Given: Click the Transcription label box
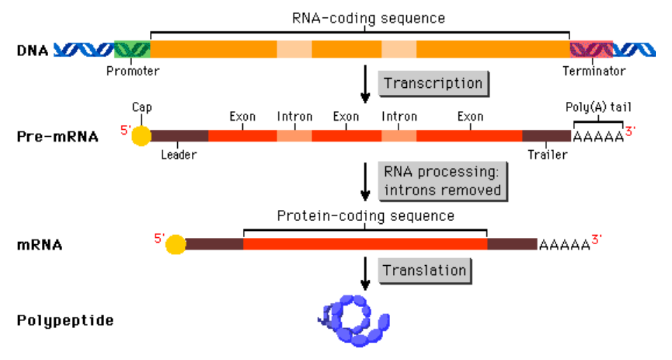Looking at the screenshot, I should (x=433, y=83).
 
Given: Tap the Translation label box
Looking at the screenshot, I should (x=424, y=270).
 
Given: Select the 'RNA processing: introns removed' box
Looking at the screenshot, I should (x=442, y=180).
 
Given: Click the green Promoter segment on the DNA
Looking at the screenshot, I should (x=131, y=50).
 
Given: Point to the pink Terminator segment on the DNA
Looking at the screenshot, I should (x=591, y=50).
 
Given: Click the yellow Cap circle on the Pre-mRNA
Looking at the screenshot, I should (x=141, y=135).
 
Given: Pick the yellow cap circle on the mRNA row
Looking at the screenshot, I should (x=175, y=244).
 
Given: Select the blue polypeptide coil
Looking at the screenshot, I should (x=352, y=320).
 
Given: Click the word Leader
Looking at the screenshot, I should (x=179, y=155).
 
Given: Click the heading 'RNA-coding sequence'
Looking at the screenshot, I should (x=368, y=17).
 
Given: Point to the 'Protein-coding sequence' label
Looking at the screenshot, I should (x=366, y=216).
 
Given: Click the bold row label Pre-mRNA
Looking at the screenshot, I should (x=57, y=136).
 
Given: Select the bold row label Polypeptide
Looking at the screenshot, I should (x=65, y=321).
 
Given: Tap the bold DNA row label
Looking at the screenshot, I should (x=32, y=50).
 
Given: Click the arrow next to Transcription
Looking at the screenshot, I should (x=364, y=83).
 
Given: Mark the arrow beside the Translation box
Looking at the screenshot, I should (x=364, y=272).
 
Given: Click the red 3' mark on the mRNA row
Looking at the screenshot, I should (x=597, y=239).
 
